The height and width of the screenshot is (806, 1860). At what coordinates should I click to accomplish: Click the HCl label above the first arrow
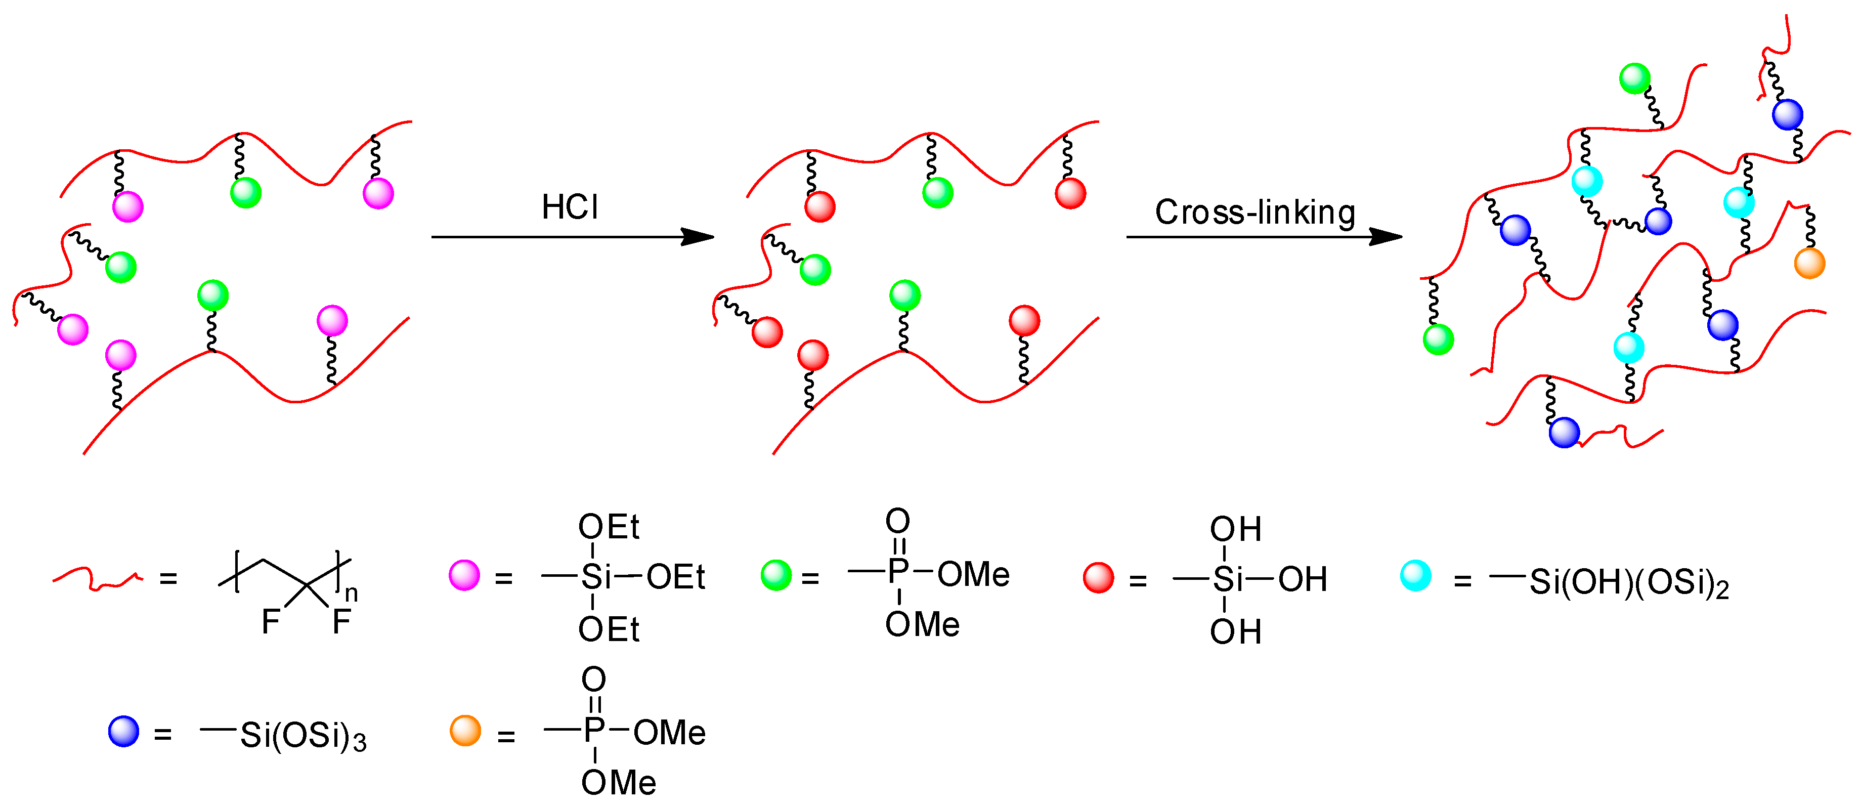pos(570,207)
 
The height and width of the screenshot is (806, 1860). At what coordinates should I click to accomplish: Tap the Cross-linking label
pos(1255,213)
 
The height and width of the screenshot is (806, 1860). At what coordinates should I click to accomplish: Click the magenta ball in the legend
pos(464,576)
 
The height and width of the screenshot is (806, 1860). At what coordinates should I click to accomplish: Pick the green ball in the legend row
pos(776,576)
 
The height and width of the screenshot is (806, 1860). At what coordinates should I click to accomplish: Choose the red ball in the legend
pos(1098,578)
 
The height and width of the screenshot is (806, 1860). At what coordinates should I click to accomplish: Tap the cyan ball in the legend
pos(1415,576)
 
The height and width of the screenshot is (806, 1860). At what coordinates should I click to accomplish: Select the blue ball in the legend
pos(123,731)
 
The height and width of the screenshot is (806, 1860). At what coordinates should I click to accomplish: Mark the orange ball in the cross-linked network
pos(1809,264)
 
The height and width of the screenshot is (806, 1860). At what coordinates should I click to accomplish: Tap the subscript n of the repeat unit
pos(351,593)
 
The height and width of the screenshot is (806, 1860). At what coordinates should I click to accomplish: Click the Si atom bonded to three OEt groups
pos(596,577)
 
